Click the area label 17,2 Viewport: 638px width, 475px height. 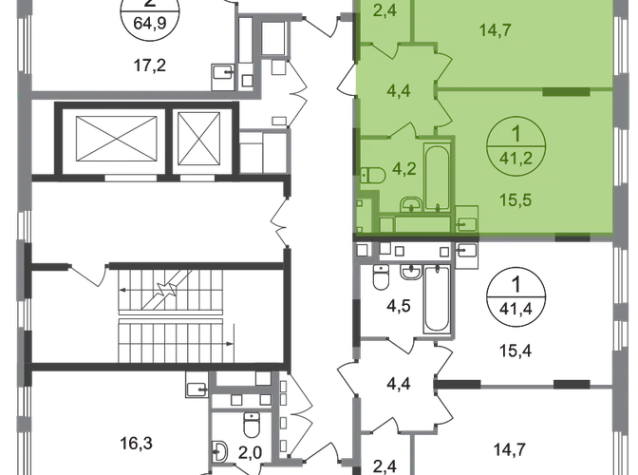[x=150, y=66]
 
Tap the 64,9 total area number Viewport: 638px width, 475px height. [x=150, y=23]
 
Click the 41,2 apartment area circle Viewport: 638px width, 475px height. [x=516, y=145]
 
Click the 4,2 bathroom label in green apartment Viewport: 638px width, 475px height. [x=404, y=168]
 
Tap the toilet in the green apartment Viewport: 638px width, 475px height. [x=373, y=175]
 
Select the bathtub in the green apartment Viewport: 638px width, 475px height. [x=437, y=177]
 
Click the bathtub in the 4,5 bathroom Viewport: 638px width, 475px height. [x=437, y=298]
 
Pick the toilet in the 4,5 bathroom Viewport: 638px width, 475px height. [x=381, y=276]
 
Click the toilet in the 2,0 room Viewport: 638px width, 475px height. [x=252, y=425]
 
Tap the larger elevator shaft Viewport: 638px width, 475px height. [x=116, y=139]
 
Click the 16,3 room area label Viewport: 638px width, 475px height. [x=137, y=443]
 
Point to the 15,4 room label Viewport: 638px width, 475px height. [x=516, y=351]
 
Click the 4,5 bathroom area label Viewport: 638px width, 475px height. [x=399, y=306]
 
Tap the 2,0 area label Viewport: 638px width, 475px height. [x=250, y=452]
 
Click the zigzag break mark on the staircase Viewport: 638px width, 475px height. [x=167, y=290]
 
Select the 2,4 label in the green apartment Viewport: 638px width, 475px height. [x=385, y=10]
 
